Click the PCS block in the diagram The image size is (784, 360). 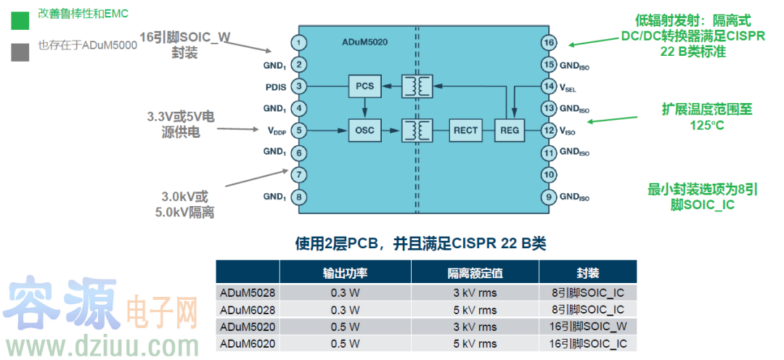point(364,86)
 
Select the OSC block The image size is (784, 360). point(364,131)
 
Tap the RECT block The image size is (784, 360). point(465,131)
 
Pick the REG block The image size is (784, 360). point(510,131)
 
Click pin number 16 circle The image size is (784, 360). point(549,43)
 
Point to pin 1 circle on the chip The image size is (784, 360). point(297,43)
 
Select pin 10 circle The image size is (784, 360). point(549,175)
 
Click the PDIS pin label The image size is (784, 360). point(275,87)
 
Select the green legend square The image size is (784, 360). point(20,20)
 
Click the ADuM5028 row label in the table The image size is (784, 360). point(248,292)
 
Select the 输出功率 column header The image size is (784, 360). point(346,273)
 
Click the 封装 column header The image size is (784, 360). point(588,273)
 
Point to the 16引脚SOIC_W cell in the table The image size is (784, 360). point(588,327)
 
